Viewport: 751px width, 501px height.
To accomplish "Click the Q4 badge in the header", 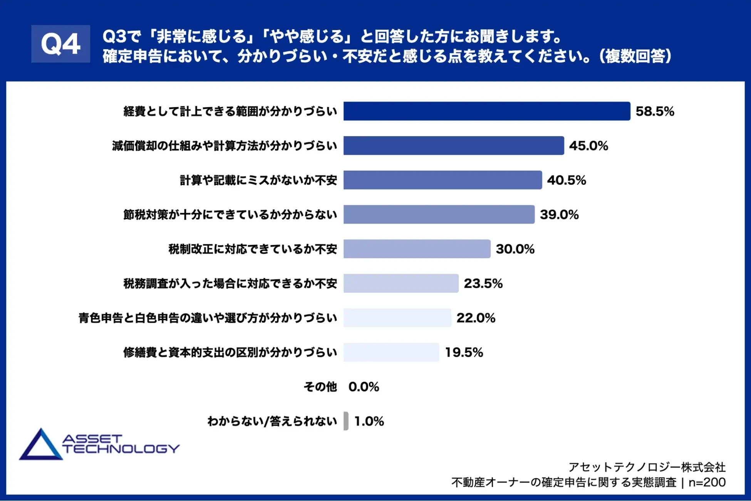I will (60, 44).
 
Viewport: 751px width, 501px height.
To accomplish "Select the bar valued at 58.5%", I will (486, 111).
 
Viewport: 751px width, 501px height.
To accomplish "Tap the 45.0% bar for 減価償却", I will (453, 146).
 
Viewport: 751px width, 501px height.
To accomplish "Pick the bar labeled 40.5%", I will (443, 180).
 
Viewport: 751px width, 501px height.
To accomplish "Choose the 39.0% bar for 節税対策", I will (439, 214).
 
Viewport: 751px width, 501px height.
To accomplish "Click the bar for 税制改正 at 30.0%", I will (417, 249).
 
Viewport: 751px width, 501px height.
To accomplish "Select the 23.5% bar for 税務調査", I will (401, 283).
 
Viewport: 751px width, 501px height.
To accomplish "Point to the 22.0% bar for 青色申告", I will (397, 318).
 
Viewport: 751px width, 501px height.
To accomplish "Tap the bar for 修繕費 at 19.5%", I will (391, 352).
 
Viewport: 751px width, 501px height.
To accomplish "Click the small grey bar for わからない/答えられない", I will (346, 421).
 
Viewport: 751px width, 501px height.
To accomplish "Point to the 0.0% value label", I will (364, 387).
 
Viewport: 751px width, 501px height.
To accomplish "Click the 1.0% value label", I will (369, 421).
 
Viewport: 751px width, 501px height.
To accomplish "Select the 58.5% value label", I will (654, 111).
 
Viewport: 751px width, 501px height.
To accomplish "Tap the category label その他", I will (320, 387).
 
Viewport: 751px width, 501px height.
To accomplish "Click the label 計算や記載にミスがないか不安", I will (258, 180).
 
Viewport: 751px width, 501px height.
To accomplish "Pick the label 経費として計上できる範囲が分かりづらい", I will (230, 111).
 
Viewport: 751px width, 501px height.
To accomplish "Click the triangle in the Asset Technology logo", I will (40, 446).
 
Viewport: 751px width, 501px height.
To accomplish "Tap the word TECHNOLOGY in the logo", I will (121, 449).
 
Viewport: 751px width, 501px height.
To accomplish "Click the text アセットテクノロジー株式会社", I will (647, 467).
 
